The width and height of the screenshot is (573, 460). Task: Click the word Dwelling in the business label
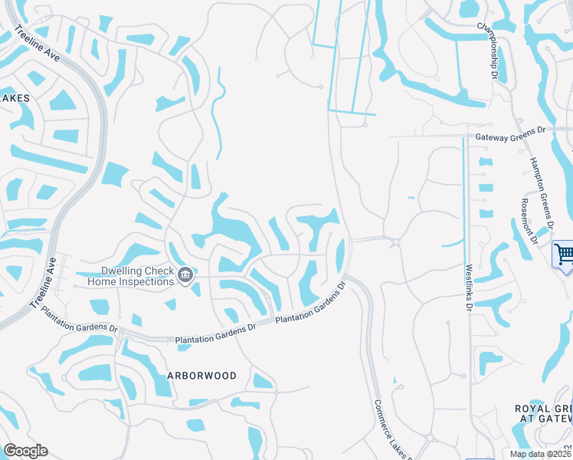point(124,271)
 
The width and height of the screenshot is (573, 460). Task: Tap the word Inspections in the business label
point(143,281)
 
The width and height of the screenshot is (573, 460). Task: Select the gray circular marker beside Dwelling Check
point(185,275)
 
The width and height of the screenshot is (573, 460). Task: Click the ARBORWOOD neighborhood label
point(201,376)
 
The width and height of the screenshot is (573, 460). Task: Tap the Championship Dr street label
point(488,51)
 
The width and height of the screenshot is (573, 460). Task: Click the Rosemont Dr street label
point(527,220)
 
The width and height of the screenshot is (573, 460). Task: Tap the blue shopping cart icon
point(564,253)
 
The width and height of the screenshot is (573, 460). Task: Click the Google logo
point(25,451)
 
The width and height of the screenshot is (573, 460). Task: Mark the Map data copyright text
point(540,453)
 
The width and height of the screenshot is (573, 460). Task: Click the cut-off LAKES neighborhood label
point(15,98)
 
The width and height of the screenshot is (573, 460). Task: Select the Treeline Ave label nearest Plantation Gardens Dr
point(44,282)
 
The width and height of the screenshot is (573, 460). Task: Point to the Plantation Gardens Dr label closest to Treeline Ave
point(80,320)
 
